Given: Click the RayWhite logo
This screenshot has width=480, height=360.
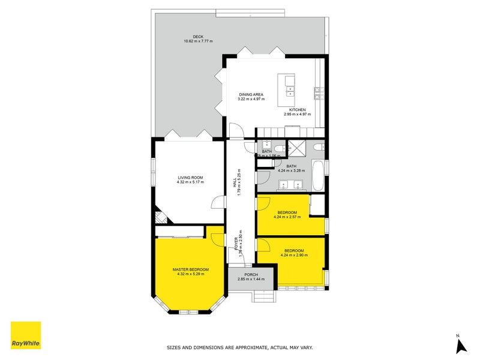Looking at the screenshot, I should coord(26,335).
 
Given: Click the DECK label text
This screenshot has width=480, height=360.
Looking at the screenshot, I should coord(198,37).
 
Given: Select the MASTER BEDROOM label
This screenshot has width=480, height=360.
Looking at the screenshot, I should coord(190,270).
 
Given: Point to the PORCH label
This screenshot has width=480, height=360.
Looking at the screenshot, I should coord(251,275).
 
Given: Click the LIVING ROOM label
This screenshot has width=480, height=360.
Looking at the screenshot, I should coord(190,178).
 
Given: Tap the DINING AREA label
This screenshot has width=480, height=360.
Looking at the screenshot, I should coord(251,95).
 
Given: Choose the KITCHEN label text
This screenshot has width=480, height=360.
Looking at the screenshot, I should coord(298,110).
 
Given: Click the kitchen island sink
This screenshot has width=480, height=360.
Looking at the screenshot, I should coord(290,92).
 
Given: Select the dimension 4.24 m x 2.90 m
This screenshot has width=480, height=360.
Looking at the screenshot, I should coord(294,255).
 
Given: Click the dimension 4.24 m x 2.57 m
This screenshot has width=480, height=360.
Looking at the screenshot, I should coord(287,217).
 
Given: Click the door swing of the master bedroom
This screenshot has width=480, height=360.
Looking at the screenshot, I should coord(215,236).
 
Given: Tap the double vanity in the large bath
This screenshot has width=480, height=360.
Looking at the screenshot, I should coord(292,185).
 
